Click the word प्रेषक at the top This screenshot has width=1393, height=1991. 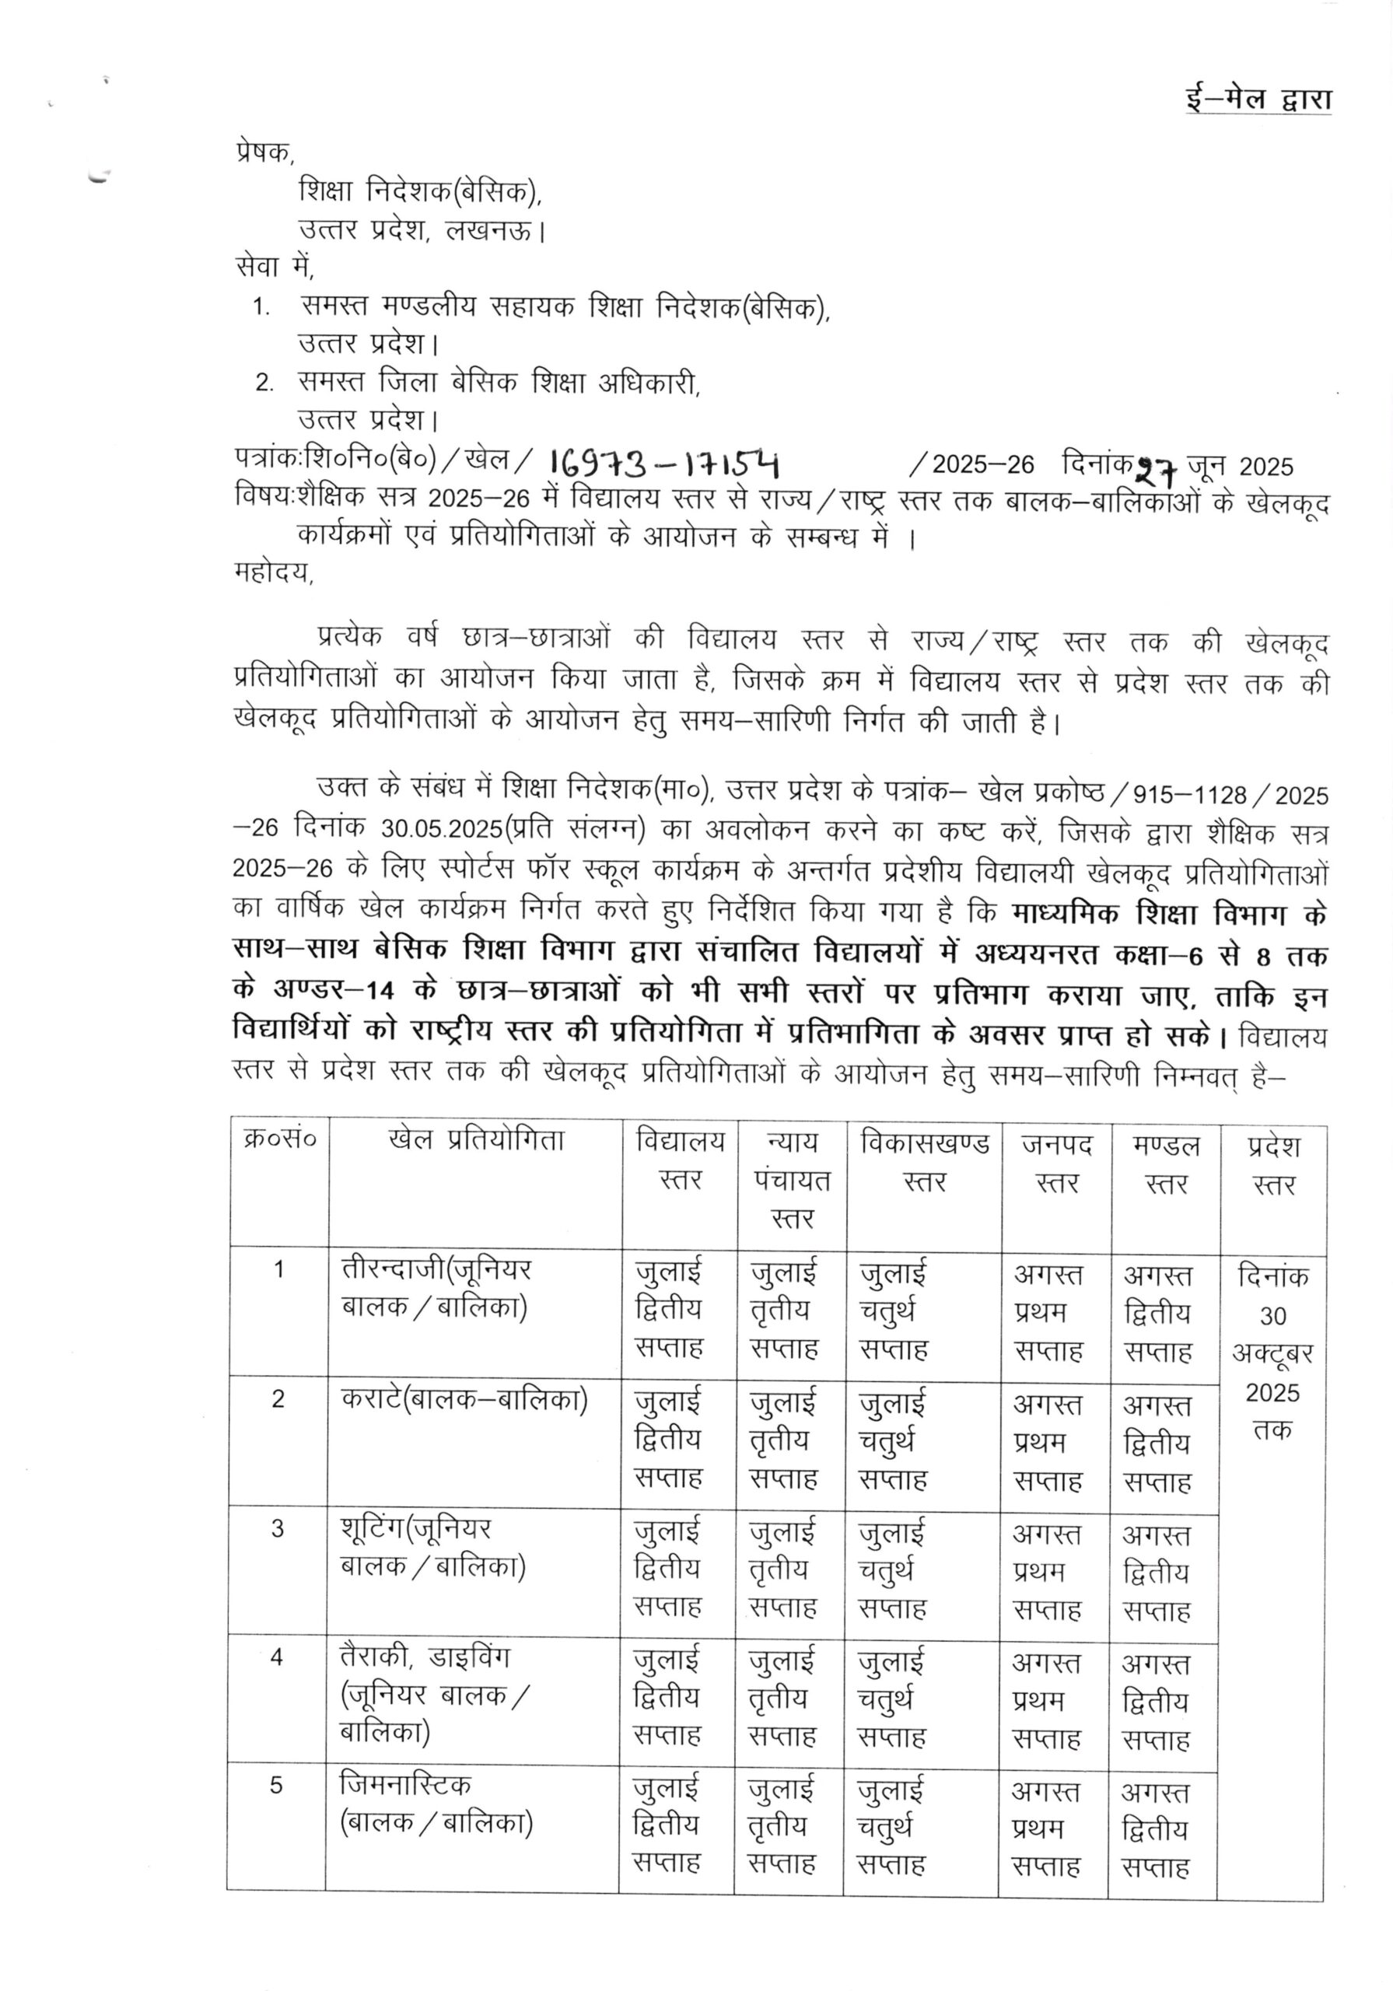tap(264, 152)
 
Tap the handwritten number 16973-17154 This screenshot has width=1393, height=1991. tap(663, 466)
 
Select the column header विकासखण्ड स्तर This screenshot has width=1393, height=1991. tap(924, 1162)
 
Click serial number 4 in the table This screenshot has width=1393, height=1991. tap(277, 1657)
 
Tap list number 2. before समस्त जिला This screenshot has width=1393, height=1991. tap(264, 383)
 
